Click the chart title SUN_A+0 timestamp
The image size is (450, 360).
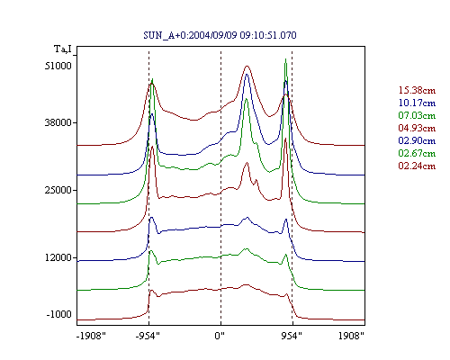point(220,35)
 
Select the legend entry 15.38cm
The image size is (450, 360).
point(417,90)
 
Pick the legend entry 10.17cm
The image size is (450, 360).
point(417,103)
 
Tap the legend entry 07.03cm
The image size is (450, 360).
point(417,115)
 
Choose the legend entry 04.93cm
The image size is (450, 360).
point(417,128)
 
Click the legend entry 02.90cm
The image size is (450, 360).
point(417,140)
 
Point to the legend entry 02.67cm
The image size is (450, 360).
point(417,153)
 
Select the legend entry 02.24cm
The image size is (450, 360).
point(417,166)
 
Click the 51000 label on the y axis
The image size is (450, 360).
point(58,66)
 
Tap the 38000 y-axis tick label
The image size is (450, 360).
point(58,122)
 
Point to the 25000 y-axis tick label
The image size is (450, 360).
point(58,190)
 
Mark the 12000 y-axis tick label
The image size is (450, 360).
point(58,257)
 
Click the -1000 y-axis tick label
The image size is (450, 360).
point(58,314)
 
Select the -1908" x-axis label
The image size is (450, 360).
point(91,336)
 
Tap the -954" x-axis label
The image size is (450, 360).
point(148,336)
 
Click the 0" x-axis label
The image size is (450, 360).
point(220,336)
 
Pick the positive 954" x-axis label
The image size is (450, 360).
point(292,336)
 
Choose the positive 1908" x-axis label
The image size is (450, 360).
point(351,336)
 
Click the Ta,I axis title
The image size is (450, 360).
point(63,49)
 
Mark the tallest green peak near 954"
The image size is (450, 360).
point(285,59)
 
